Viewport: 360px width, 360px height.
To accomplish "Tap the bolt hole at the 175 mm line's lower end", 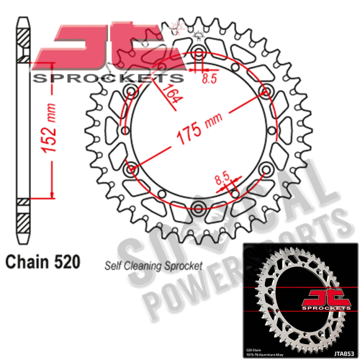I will pos(131,170).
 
